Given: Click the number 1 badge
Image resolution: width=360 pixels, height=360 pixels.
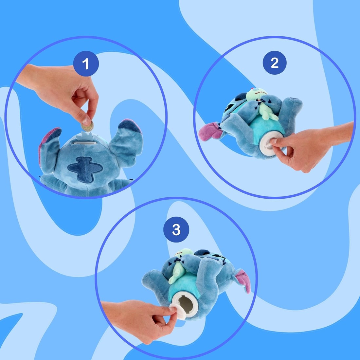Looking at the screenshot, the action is tap(86, 63).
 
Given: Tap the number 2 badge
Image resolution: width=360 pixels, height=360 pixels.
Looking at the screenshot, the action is tap(275, 63).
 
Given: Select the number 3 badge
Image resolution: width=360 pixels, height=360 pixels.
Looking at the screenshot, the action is tap(176, 229).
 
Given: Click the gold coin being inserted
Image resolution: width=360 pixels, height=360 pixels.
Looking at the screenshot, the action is tap(88, 126).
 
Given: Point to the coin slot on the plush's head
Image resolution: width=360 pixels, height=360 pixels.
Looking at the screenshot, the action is tap(84, 143).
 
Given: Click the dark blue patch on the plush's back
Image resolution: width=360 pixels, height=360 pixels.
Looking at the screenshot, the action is tap(85, 169).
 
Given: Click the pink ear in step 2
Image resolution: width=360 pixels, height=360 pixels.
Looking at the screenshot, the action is tap(209, 132).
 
